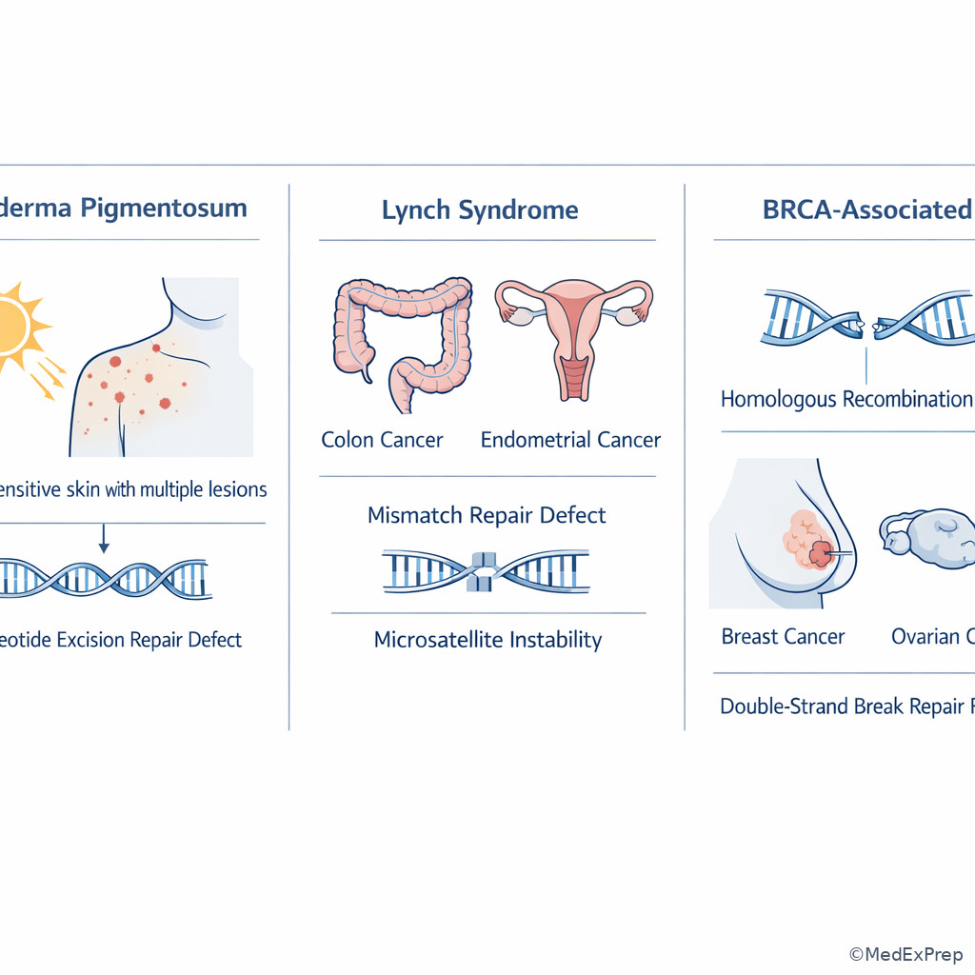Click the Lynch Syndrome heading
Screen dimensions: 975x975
(480, 209)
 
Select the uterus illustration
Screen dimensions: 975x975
(573, 333)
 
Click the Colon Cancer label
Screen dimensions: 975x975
(382, 440)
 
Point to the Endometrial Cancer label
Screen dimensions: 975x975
(570, 440)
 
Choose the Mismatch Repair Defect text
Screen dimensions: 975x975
(487, 515)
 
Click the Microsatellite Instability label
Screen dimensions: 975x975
(487, 639)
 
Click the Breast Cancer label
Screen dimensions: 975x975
(783, 636)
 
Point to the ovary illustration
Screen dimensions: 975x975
(928, 539)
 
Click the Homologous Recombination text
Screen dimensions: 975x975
(846, 399)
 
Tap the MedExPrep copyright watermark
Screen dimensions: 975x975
(905, 954)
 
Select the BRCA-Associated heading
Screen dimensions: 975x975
(866, 209)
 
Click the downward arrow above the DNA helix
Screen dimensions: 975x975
(104, 543)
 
